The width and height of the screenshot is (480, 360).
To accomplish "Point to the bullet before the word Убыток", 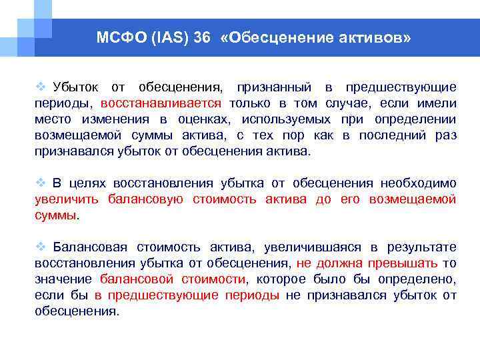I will (40, 87).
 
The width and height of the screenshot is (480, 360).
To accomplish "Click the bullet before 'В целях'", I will (40, 183).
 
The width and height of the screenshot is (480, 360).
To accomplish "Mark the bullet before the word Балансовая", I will (40, 247).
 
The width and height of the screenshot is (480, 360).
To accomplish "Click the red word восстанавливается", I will (161, 103).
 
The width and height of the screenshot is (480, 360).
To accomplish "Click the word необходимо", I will (418, 183).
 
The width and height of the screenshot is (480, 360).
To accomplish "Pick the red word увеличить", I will (67, 199).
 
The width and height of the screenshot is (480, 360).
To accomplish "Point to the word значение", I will (63, 279).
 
